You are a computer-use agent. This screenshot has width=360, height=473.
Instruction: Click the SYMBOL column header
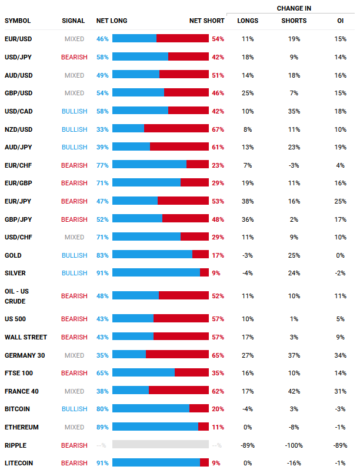click(18, 21)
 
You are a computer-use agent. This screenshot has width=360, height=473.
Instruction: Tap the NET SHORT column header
click(206, 21)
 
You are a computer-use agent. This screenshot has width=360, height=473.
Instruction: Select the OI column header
click(340, 21)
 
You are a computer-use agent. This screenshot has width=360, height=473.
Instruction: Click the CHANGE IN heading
click(294, 8)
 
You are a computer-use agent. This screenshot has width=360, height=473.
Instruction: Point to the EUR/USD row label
click(18, 39)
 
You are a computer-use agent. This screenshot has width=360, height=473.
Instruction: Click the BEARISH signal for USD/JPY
click(74, 57)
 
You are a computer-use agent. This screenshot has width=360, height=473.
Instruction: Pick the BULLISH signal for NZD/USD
click(74, 129)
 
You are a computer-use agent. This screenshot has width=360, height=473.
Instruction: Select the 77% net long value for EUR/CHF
click(102, 165)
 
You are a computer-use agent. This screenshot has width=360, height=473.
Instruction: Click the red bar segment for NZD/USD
click(176, 129)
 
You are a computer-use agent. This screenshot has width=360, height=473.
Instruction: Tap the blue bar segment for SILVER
click(156, 273)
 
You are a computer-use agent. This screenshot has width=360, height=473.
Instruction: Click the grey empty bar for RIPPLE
click(160, 445)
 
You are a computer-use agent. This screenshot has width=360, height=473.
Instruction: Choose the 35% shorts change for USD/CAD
click(294, 111)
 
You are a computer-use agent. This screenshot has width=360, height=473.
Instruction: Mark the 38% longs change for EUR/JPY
click(248, 201)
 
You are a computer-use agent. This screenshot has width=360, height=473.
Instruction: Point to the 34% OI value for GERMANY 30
click(340, 355)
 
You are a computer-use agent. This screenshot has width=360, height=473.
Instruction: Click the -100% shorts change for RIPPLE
click(294, 445)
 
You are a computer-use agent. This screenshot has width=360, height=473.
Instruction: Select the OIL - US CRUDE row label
click(18, 296)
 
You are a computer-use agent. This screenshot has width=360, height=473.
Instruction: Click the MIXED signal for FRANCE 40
click(74, 391)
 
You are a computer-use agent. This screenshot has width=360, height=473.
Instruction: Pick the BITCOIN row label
click(17, 409)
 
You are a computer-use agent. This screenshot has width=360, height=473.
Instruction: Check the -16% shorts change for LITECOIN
click(294, 463)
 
